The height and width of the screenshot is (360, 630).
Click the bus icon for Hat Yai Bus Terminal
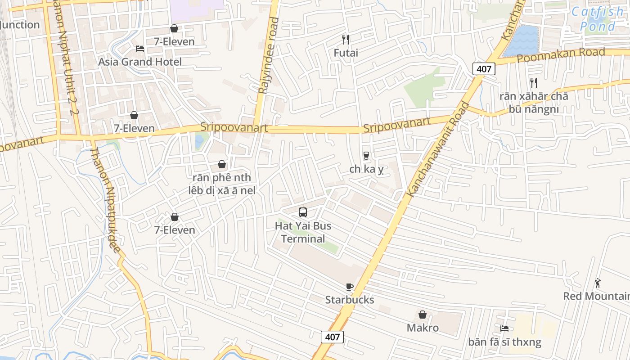303,212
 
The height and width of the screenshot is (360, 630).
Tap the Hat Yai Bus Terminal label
303,232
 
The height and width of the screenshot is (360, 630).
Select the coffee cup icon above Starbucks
350,287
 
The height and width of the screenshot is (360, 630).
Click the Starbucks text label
350,300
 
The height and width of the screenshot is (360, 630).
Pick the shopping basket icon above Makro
423,315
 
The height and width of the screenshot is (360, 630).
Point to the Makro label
423,328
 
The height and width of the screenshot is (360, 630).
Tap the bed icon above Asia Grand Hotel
140,49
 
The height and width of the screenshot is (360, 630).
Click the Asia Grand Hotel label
140,62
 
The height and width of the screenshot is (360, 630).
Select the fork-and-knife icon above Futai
346,40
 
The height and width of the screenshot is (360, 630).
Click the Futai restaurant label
346,53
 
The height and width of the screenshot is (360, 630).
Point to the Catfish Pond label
598,19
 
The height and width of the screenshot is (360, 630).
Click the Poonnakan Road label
561,55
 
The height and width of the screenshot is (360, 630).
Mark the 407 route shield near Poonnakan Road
484,69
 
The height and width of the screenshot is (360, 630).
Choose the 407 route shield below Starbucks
333,337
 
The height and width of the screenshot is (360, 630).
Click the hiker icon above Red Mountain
598,283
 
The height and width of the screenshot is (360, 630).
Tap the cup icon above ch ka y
366,156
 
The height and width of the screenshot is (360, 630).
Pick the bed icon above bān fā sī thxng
504,328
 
